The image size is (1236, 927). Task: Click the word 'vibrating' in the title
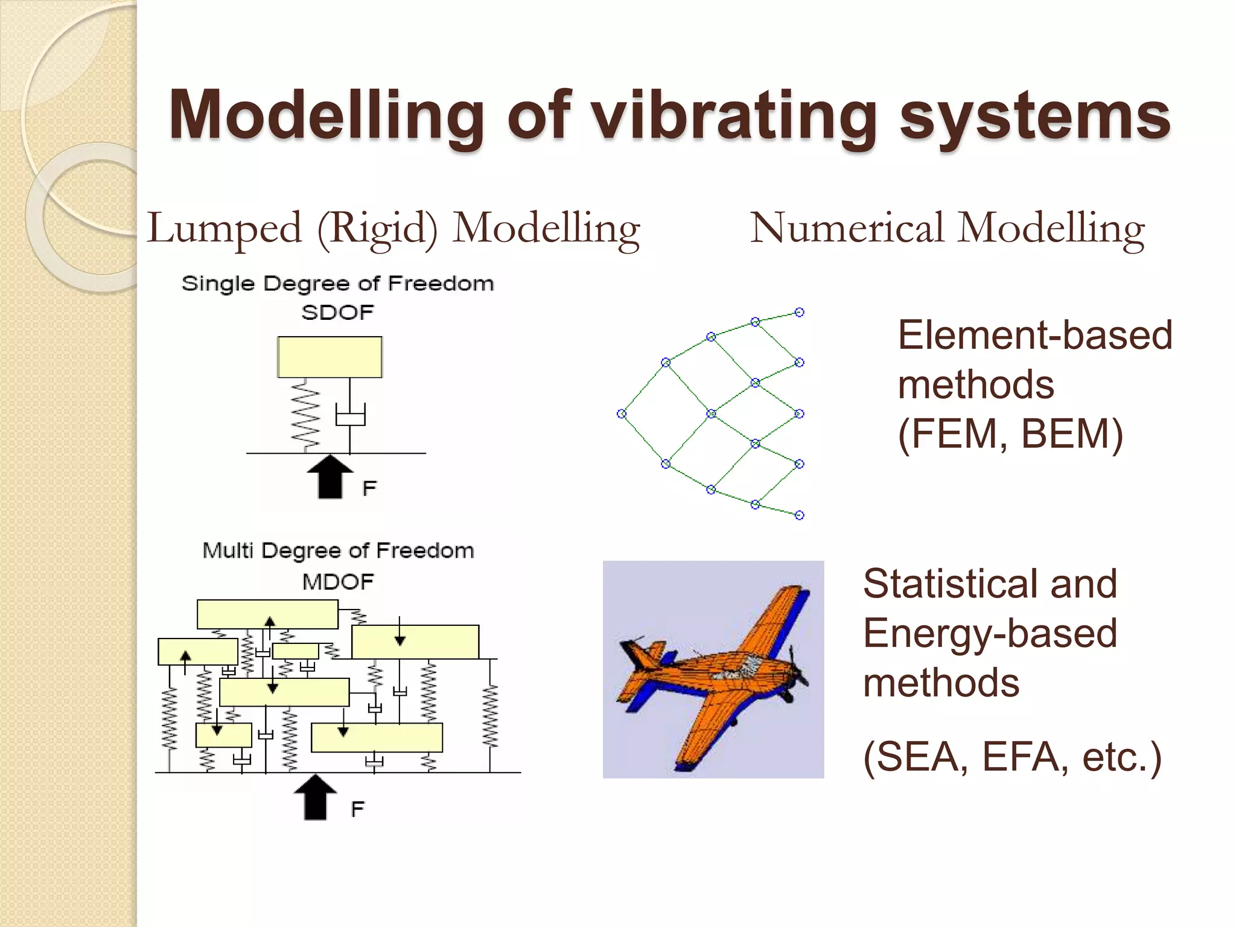point(733,116)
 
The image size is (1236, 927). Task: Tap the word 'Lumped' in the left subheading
point(224,229)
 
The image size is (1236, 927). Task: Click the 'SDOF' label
point(337,313)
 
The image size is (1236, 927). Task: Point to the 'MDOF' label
point(337,582)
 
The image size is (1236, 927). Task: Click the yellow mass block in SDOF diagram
point(330,357)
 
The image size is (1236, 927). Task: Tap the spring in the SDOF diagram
point(305,415)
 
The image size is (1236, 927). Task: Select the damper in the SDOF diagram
point(350,416)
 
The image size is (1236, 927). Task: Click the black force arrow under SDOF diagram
point(330,476)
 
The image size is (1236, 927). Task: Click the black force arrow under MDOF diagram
point(315,797)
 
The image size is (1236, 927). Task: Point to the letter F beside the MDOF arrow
point(357,809)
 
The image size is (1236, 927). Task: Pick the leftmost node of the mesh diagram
point(622,413)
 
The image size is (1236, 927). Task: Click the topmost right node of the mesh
point(799,312)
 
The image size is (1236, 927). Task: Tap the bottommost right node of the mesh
point(799,515)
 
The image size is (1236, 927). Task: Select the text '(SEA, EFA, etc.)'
point(1012,756)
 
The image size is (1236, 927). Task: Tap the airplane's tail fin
point(637,655)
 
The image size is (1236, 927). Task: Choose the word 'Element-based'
point(1034,335)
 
